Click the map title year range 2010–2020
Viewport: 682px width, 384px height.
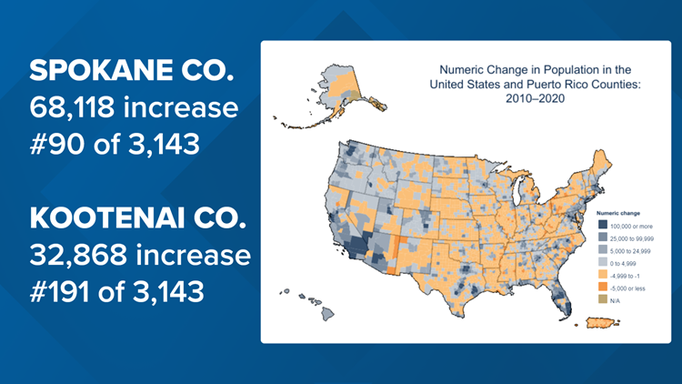coord(522,98)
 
